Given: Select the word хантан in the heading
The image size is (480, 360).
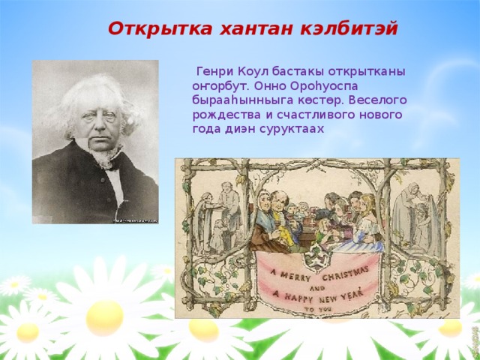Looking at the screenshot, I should [x=244, y=29].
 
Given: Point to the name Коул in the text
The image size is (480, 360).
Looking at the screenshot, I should [x=253, y=71].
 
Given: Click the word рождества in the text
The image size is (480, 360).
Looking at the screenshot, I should [x=222, y=114].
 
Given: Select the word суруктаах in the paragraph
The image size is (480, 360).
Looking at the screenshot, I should [x=296, y=128].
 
